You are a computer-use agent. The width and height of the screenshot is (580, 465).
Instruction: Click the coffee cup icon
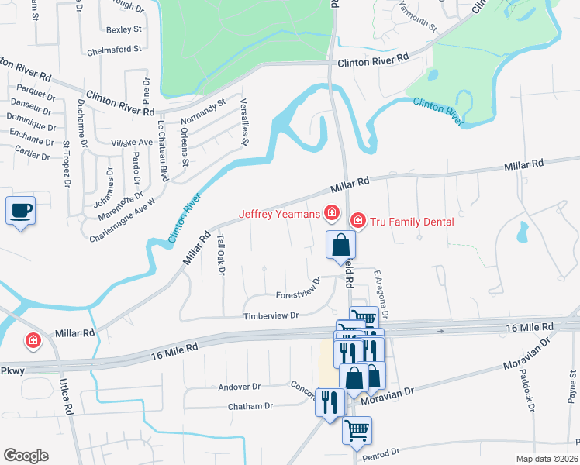pyautogui.click(x=20, y=210)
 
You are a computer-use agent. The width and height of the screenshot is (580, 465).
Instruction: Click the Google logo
pyautogui.click(x=26, y=456)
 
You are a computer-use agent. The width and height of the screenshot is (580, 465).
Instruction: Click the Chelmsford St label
pyautogui.click(x=116, y=48)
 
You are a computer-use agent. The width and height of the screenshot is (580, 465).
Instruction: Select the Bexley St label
pyautogui.click(x=124, y=29)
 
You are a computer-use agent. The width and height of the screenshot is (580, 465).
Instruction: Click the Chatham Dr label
pyautogui.click(x=250, y=405)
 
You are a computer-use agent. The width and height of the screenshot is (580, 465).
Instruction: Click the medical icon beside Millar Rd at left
pyautogui.click(x=33, y=340)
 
